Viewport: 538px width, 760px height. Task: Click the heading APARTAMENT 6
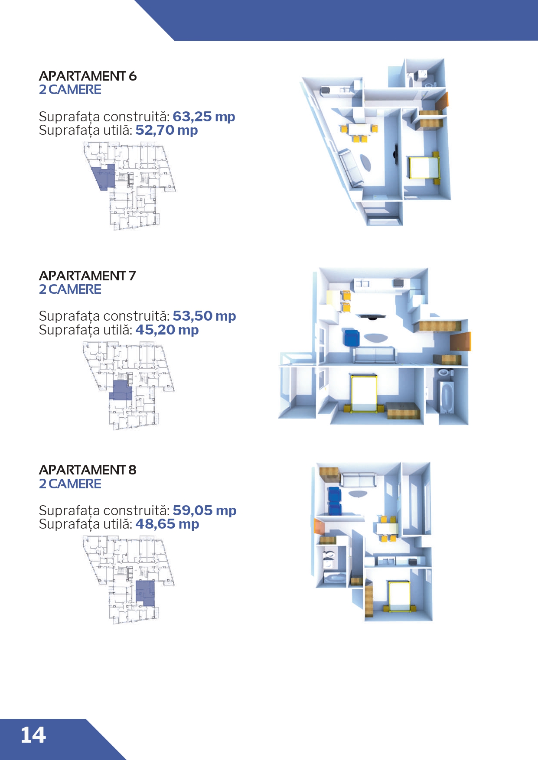[88, 76]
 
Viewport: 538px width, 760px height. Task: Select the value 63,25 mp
[204, 117]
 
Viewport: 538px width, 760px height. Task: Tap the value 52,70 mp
[166, 130]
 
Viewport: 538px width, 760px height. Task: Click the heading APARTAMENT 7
[87, 276]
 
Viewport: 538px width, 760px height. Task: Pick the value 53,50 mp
[204, 316]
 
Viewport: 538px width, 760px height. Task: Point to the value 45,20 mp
[167, 330]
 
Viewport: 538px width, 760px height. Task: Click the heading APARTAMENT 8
[88, 470]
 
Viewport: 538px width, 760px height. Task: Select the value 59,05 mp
[205, 510]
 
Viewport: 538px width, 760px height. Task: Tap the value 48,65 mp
[167, 524]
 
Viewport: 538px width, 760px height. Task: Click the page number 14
[33, 735]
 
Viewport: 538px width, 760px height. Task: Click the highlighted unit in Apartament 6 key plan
[104, 177]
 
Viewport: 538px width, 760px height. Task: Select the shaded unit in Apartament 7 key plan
[120, 390]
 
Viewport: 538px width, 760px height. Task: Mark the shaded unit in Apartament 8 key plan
[145, 593]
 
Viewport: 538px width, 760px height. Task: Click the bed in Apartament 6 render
[424, 168]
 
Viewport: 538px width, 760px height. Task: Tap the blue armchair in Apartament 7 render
[352, 338]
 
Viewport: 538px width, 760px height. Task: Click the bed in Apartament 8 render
[399, 596]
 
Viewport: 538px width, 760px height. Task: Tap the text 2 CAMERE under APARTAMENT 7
[70, 289]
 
